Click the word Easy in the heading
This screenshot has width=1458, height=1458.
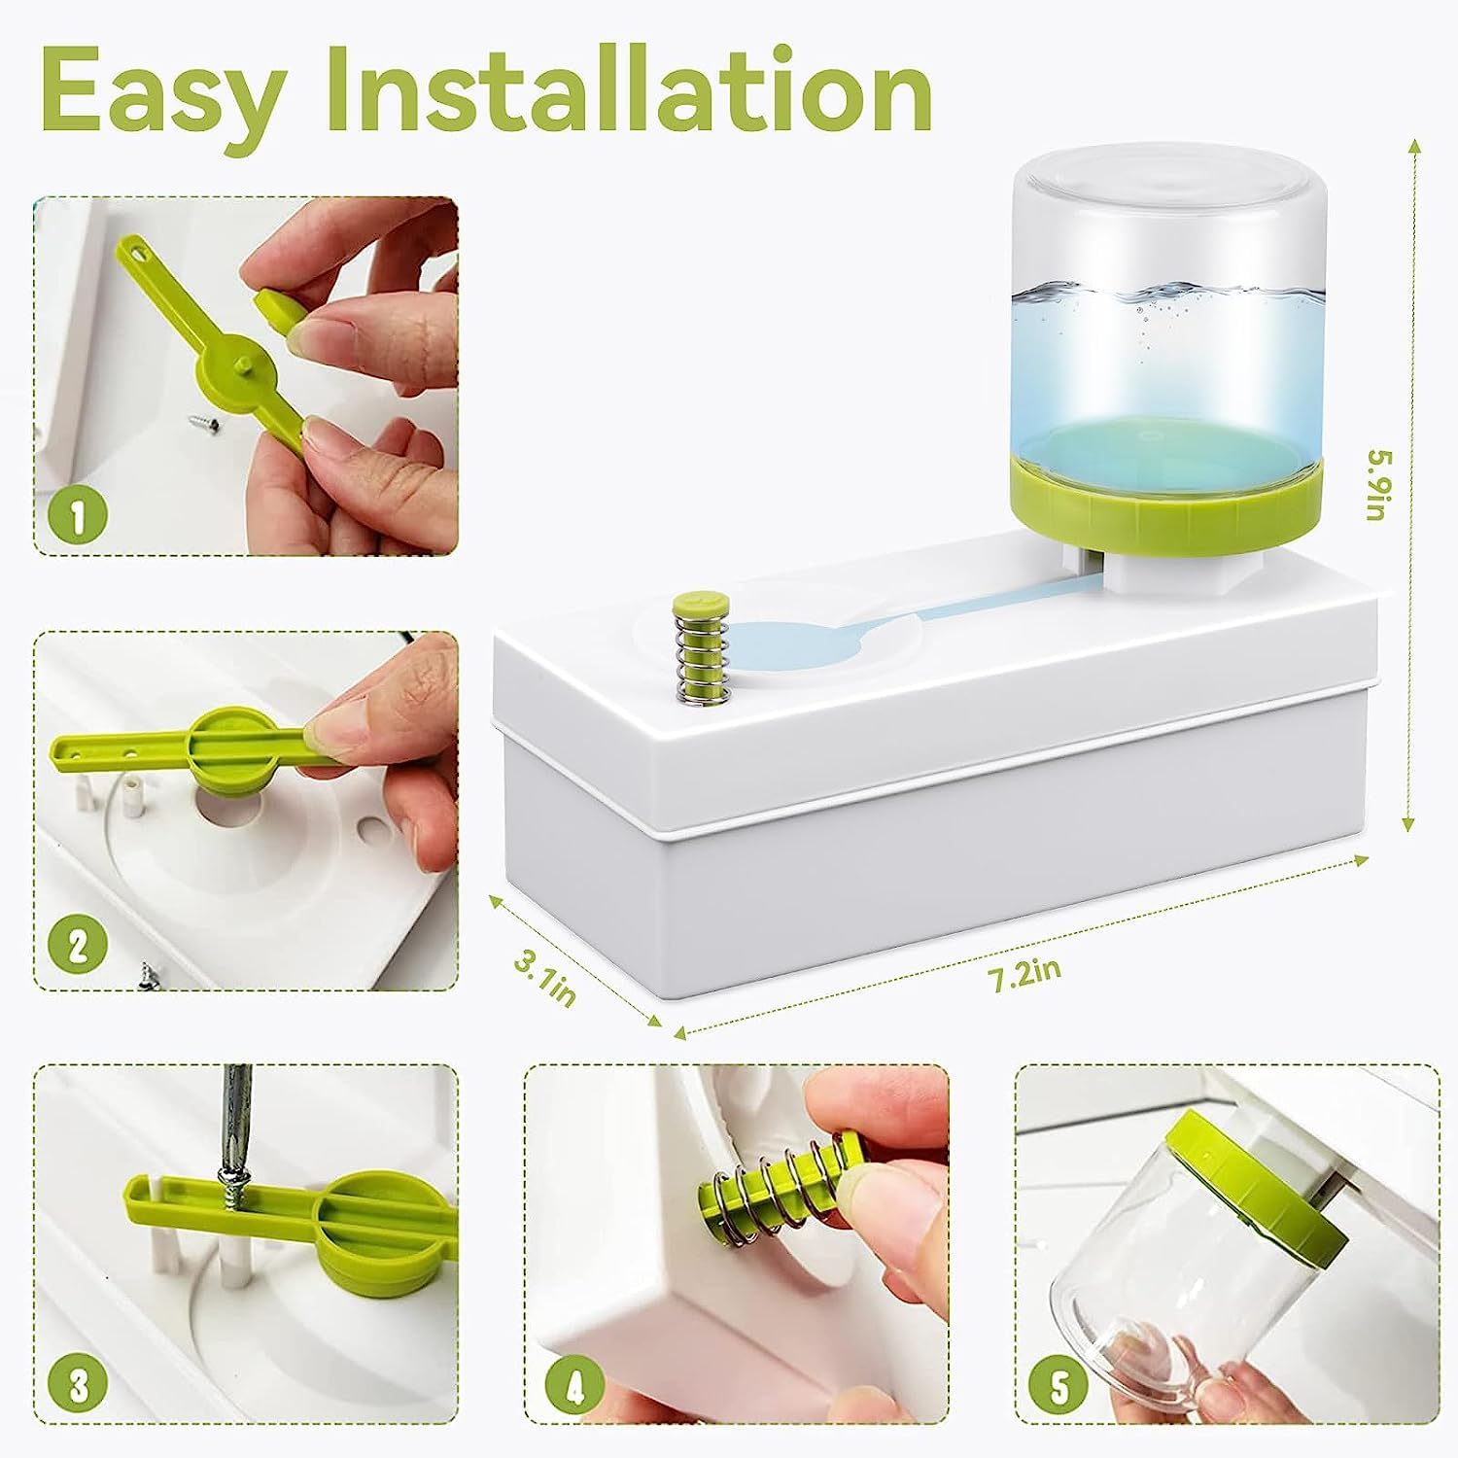(x=160, y=92)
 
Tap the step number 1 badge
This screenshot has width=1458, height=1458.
(x=78, y=516)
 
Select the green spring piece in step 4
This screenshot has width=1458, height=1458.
(x=778, y=1186)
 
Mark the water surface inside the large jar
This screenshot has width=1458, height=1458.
(x=1166, y=292)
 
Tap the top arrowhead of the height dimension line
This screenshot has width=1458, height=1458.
(x=1413, y=145)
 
